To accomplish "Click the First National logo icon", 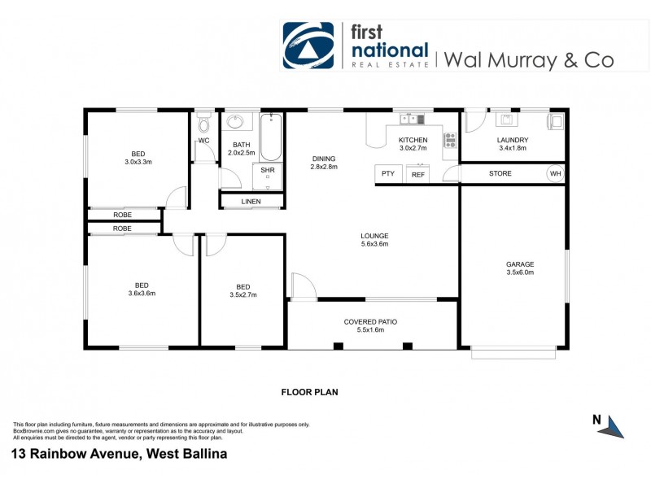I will click(308, 46).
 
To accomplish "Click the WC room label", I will click(203, 141).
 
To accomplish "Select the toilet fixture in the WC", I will click(203, 125).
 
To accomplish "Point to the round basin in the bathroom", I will click(236, 123).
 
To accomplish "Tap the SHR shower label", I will click(267, 171).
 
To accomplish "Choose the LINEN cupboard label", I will click(251, 201).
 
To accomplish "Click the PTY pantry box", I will click(387, 173).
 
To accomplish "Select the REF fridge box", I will click(417, 174).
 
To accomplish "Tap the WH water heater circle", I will click(555, 173).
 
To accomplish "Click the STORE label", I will click(500, 173).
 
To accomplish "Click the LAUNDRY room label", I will click(513, 140).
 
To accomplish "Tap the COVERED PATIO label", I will click(370, 322).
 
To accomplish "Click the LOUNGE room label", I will click(374, 236).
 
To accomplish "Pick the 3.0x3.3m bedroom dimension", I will click(138, 162).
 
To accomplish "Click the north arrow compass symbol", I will click(613, 424).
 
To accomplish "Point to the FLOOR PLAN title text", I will click(309, 392).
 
